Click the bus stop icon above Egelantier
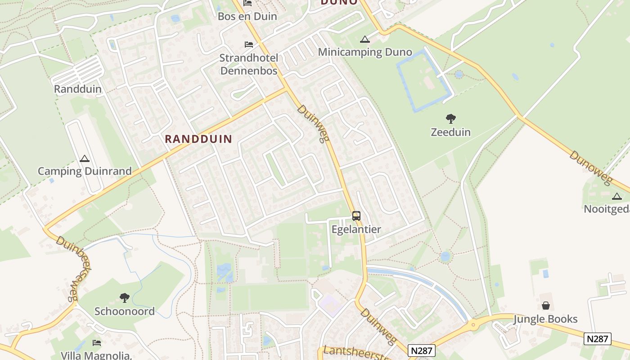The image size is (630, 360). (x=356, y=216)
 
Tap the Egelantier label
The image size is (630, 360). (x=356, y=229)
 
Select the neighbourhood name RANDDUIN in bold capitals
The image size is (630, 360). (x=198, y=139)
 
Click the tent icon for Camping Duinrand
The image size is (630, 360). (x=84, y=158)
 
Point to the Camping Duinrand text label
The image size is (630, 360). (x=85, y=171)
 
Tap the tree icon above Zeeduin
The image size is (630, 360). (x=450, y=119)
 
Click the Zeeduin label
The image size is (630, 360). (x=450, y=132)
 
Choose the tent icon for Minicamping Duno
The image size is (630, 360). (x=364, y=39)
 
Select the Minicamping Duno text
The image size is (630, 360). (x=365, y=52)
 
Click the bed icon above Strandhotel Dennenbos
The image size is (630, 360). (x=248, y=45)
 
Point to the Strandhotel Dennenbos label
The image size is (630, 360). (x=248, y=64)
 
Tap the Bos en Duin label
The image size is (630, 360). (x=247, y=17)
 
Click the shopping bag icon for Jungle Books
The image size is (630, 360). (x=545, y=306)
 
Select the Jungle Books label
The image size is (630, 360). (x=545, y=319)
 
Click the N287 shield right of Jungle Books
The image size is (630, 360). (x=598, y=339)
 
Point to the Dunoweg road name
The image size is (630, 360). (x=591, y=168)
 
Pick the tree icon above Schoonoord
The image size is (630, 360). (x=124, y=298)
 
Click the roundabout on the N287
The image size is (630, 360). (x=472, y=324)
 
